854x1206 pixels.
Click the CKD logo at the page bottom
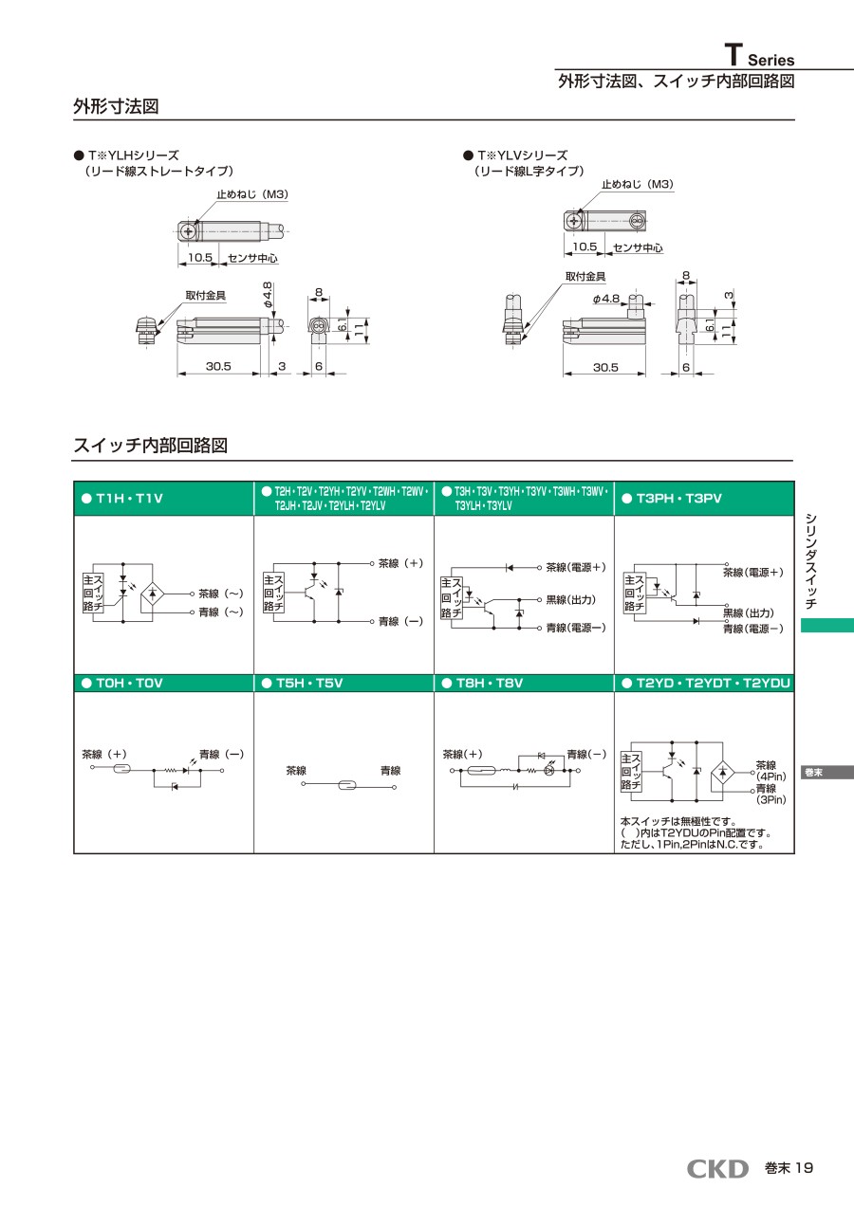pos(717,1169)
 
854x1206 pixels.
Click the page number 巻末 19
pos(789,1169)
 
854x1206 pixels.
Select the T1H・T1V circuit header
pos(163,499)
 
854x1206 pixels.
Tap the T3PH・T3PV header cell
pos(704,499)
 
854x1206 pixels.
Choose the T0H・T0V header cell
pos(163,683)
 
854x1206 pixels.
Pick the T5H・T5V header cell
pos(343,683)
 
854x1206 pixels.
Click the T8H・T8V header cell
pos(524,683)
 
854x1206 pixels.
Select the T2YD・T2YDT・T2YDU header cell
pos(704,683)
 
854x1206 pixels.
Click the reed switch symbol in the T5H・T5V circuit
pos(346,786)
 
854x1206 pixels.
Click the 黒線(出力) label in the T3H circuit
pos(570,600)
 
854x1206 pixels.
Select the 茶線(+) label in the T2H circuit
pos(399,562)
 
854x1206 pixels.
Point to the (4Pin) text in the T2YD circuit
pos(770,777)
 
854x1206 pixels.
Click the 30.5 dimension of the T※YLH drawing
pos(218,367)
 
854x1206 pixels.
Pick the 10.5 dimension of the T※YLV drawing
pos(585,247)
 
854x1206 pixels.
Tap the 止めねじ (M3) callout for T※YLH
pos(251,194)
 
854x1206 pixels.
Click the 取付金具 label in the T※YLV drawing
pos(585,277)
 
